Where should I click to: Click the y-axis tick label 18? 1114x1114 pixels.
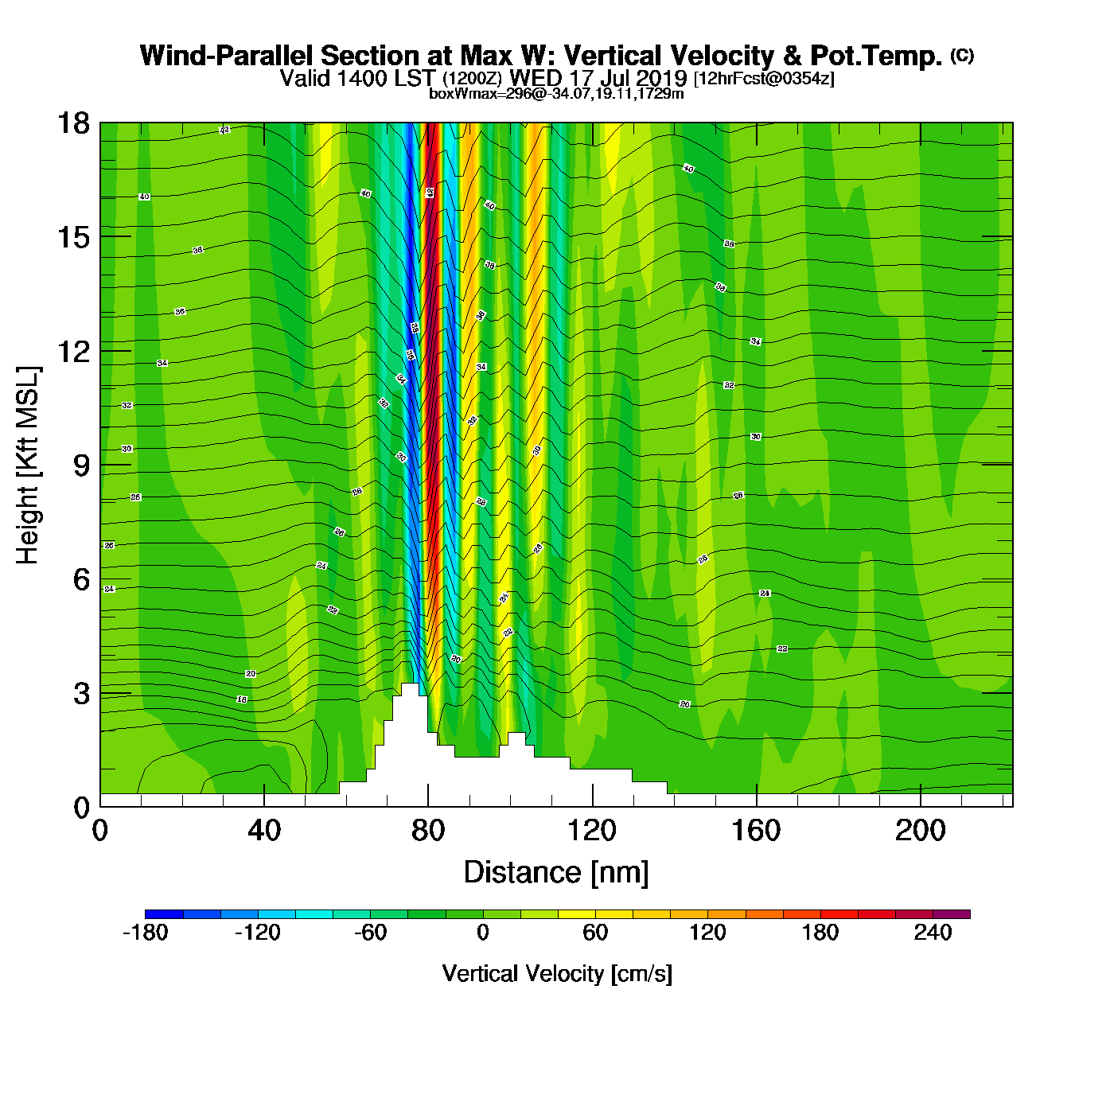72,123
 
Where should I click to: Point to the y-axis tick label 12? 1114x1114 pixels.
72,351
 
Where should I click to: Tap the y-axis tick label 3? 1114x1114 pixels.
81,694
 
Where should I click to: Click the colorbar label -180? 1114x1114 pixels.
145,933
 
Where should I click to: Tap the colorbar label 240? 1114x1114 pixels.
933,933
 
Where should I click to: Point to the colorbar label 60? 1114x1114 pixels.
595,933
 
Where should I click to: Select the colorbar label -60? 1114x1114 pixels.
370,933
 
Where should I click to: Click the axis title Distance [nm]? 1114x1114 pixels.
556,873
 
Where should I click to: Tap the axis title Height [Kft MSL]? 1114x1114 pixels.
28,465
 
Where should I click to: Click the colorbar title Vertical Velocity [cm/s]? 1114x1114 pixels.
557,974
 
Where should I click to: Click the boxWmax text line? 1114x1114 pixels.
556,94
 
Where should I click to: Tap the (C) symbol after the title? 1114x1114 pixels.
962,54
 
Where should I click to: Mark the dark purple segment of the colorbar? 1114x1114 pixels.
951,914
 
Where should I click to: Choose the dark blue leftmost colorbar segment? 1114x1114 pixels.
164,914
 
